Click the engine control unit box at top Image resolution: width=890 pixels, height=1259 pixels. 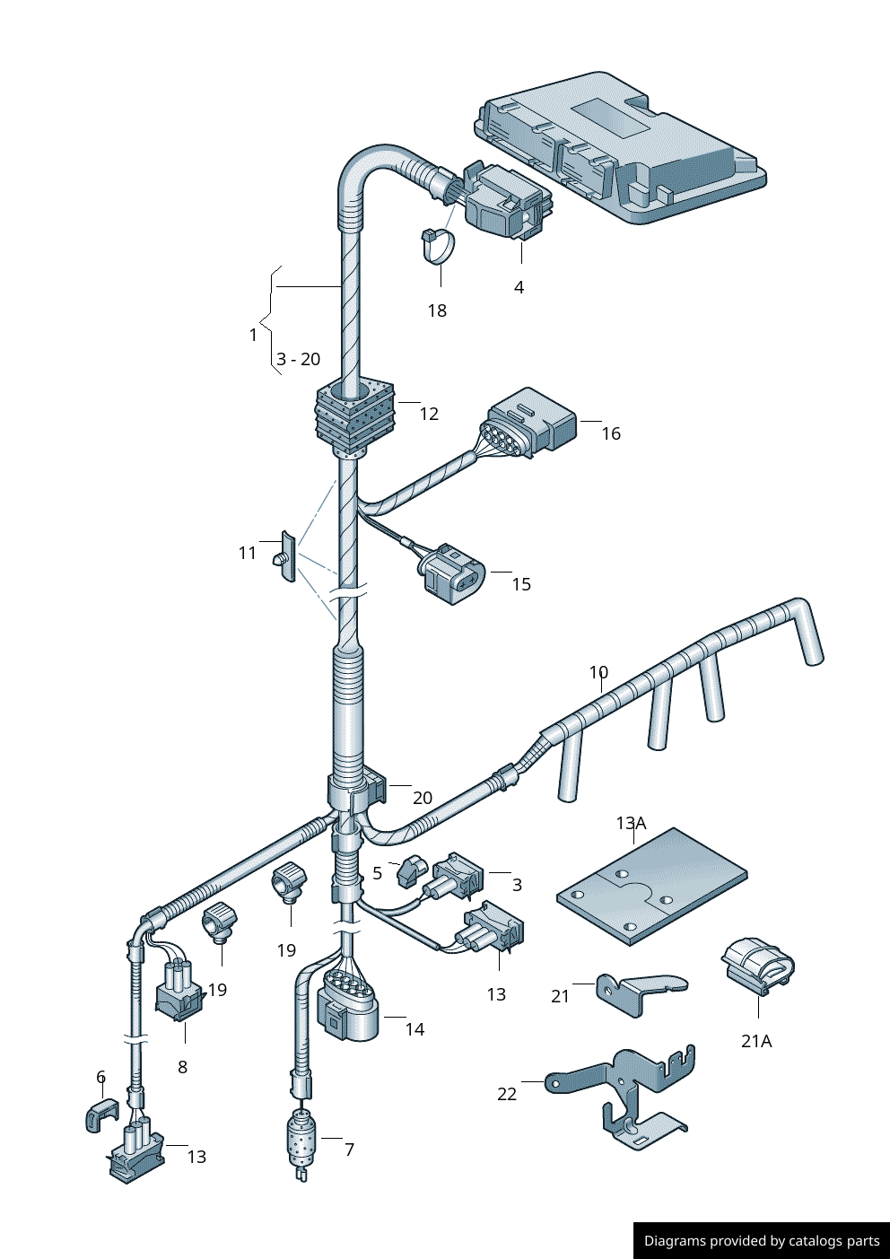(628, 148)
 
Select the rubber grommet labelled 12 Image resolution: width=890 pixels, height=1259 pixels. (355, 415)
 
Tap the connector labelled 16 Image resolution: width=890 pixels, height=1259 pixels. (529, 422)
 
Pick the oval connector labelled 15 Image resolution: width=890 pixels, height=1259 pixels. (454, 574)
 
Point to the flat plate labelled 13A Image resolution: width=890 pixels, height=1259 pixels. (652, 887)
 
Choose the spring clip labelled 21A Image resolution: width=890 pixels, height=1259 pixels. (758, 966)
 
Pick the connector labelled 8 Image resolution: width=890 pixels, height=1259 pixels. (179, 992)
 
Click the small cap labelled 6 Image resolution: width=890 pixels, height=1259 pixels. (101, 1114)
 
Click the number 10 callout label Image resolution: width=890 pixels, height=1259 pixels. (598, 672)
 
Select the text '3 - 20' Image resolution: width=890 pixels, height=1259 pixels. (298, 360)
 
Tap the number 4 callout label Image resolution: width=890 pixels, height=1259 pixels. (519, 288)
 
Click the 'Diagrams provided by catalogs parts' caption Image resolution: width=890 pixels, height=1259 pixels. (762, 1241)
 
